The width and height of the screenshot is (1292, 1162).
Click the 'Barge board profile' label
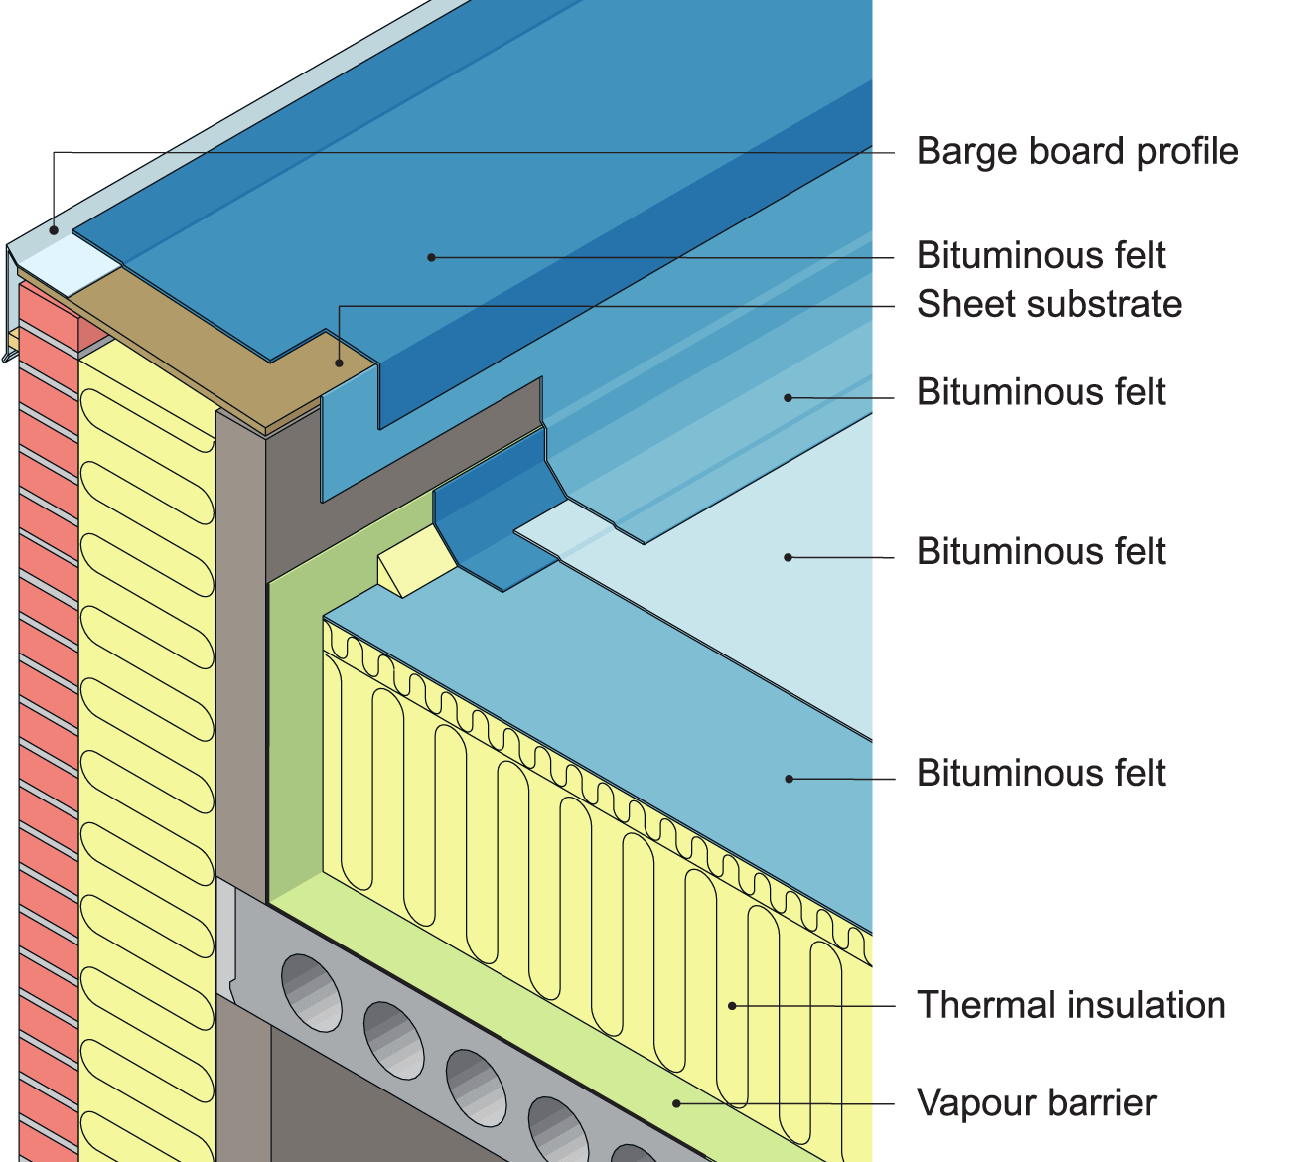coord(1077,152)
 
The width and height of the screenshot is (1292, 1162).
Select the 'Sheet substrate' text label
coord(1049,304)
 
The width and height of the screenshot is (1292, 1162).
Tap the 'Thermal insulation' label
coord(1071,1005)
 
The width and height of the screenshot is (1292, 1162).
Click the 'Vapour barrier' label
coord(1036,1103)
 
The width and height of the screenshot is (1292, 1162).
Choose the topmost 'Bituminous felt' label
coord(1040,256)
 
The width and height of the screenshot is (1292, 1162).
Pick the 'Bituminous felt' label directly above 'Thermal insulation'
coord(1040,774)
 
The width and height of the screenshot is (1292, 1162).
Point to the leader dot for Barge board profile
coord(55,230)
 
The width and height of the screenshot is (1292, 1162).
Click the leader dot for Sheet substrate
coord(340,363)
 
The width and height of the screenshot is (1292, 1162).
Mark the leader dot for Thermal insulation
coord(732,1006)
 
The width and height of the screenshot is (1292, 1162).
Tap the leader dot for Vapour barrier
coord(677,1102)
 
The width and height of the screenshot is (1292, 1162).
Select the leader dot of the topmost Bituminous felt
coord(431,257)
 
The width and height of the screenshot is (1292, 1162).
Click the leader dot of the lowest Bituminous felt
coord(789,779)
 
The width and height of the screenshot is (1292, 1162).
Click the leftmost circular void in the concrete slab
coord(311,992)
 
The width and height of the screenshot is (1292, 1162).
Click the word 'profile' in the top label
coord(1188,152)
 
